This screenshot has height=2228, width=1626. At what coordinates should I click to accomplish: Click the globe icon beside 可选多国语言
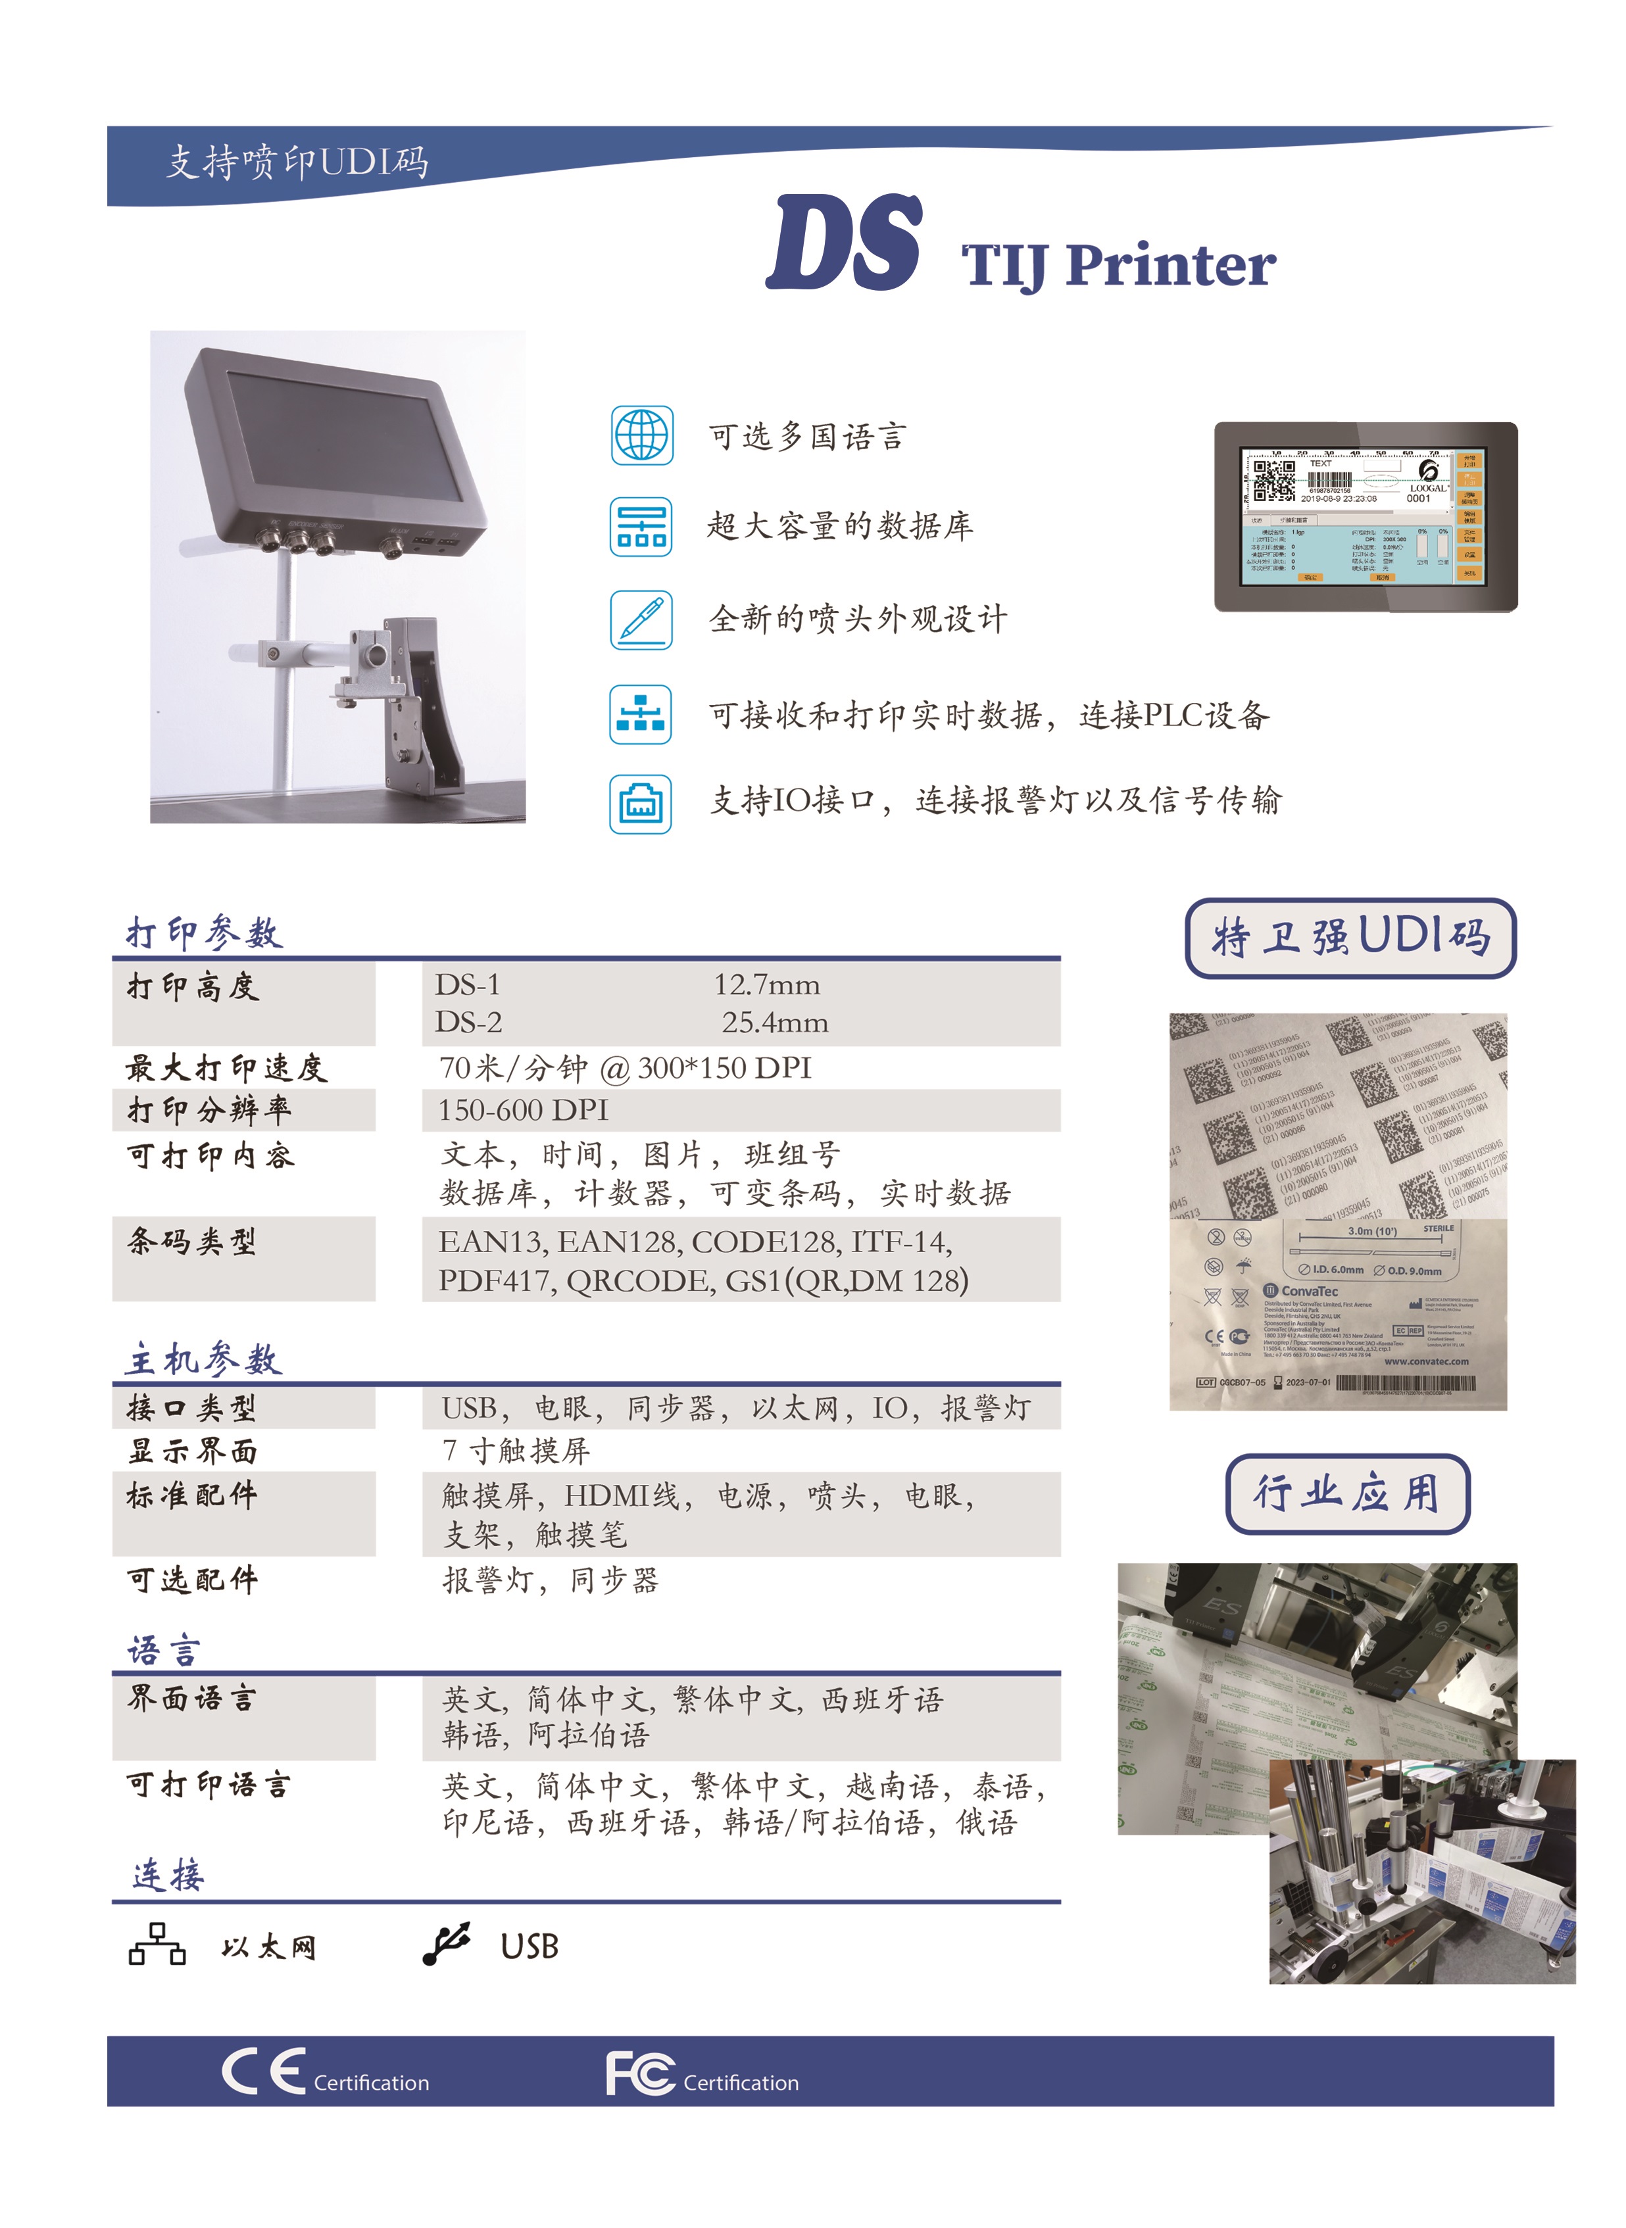[642, 435]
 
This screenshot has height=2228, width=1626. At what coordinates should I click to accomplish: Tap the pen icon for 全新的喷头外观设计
[642, 620]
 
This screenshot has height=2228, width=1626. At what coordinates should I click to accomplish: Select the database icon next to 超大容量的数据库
[642, 527]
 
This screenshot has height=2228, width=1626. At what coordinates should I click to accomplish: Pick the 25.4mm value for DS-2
[775, 1023]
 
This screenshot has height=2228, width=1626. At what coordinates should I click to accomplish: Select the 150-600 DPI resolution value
[523, 1110]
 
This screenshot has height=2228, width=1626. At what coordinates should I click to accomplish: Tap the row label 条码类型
[192, 1242]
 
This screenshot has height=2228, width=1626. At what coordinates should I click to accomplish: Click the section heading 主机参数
[204, 1359]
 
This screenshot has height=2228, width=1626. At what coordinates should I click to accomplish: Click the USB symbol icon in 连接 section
[448, 1944]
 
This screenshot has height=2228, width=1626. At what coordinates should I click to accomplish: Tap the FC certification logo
[640, 2073]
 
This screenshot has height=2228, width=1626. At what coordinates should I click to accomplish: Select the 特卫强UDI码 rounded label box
[1350, 938]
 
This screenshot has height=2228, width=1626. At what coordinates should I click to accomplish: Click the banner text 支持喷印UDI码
[297, 161]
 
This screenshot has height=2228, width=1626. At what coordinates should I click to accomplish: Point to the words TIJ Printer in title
[1118, 266]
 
